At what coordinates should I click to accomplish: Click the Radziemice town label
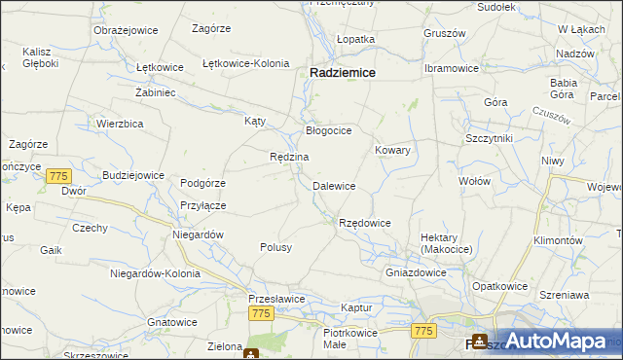344,72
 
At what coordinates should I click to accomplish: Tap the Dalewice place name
333,186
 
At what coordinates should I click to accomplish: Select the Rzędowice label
364,224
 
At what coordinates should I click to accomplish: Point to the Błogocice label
328,129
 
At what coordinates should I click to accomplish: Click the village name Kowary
392,151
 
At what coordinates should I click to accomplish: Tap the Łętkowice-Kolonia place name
245,63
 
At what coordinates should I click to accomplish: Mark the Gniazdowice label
416,272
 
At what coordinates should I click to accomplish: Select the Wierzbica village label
121,124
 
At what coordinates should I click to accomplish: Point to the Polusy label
275,247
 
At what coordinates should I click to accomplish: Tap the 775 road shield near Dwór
58,176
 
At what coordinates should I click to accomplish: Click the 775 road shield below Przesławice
260,313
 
